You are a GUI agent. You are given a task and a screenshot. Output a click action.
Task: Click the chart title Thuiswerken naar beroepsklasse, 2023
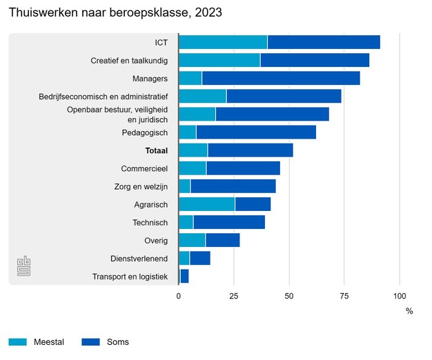pyautogui.click(x=115, y=13)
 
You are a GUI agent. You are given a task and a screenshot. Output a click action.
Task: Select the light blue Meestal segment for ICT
pyautogui.click(x=223, y=42)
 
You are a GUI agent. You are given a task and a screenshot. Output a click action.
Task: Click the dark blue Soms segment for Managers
pyautogui.click(x=281, y=78)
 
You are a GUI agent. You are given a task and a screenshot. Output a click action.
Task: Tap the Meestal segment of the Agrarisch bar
pyautogui.click(x=206, y=203)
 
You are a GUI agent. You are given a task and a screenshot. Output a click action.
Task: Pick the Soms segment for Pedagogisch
pyautogui.click(x=256, y=132)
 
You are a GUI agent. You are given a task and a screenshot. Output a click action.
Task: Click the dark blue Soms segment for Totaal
pyautogui.click(x=250, y=150)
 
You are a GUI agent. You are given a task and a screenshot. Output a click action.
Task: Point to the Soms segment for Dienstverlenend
pyautogui.click(x=199, y=258)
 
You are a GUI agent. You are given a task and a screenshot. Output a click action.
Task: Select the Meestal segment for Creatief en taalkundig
pyautogui.click(x=219, y=60)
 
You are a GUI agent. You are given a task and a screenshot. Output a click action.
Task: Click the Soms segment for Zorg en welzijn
pyautogui.click(x=233, y=186)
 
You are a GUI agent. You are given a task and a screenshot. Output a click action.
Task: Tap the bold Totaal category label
pyautogui.click(x=157, y=150)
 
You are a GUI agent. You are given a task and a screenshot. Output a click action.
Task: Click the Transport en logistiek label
pyautogui.click(x=130, y=277)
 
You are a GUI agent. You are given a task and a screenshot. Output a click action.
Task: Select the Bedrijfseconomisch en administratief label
pyautogui.click(x=104, y=97)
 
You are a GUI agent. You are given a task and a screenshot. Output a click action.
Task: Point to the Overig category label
pyautogui.click(x=156, y=241)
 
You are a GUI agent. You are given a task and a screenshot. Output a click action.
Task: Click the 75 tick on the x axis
pyautogui.click(x=344, y=296)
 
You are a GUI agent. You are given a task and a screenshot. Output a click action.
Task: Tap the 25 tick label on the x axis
pyautogui.click(x=234, y=296)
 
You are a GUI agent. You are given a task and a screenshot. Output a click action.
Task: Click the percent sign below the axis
pyautogui.click(x=409, y=311)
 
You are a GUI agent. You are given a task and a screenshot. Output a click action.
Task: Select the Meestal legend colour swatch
pyautogui.click(x=18, y=342)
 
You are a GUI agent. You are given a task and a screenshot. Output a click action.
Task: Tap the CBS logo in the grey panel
pyautogui.click(x=23, y=266)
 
